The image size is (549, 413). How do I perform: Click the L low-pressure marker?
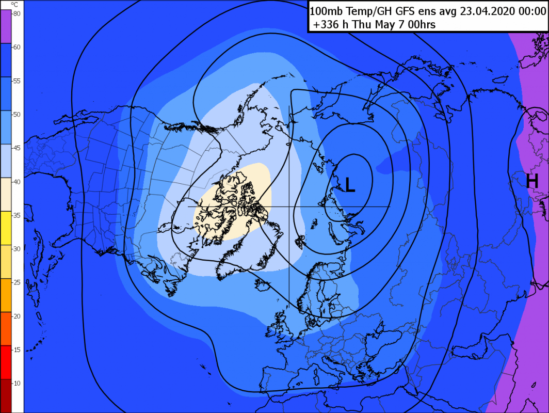pyautogui.click(x=350, y=185)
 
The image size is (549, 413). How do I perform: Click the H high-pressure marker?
pyautogui.click(x=532, y=181)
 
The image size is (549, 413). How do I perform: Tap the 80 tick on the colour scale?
pyautogui.click(x=17, y=14)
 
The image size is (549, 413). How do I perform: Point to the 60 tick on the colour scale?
pyautogui.click(x=17, y=47)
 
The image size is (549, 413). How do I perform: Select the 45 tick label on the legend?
pyautogui.click(x=17, y=148)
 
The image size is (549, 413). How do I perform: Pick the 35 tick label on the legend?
pyautogui.click(x=17, y=215)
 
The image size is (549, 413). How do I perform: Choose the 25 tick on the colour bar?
pyautogui.click(x=17, y=282)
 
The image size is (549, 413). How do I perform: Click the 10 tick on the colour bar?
pyautogui.click(x=17, y=383)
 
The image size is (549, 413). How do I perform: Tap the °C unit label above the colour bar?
pyautogui.click(x=14, y=5)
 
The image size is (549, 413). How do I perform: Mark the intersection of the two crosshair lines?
pyautogui.click(x=289, y=206)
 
